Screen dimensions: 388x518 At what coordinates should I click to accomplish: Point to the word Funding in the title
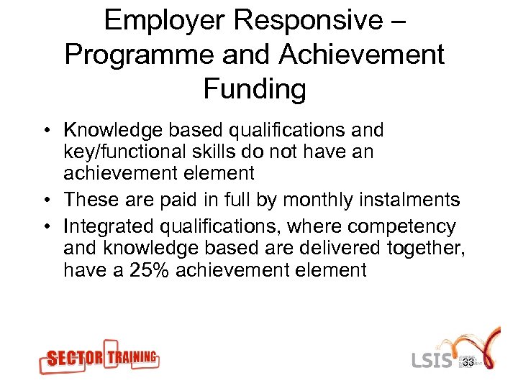255,89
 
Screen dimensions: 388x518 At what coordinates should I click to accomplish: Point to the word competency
401,228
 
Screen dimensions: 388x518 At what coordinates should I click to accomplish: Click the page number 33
468,363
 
